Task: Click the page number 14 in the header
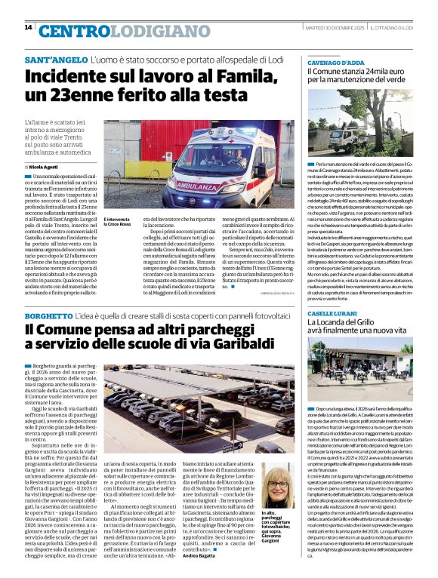click(28, 27)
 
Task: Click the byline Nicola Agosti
click(45, 167)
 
